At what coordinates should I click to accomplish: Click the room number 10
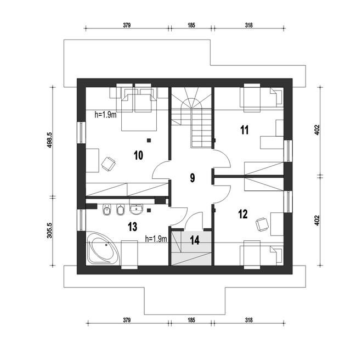click(x=138, y=155)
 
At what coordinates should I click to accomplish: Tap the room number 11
click(x=245, y=130)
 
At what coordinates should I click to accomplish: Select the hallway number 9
click(x=193, y=178)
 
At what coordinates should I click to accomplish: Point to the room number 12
click(x=243, y=214)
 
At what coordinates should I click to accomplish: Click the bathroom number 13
click(x=133, y=227)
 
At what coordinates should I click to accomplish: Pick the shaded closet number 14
click(x=195, y=240)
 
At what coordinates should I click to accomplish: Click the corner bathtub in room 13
click(x=103, y=248)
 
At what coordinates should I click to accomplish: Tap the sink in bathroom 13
click(x=137, y=209)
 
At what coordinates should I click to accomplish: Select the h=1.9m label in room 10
click(x=105, y=115)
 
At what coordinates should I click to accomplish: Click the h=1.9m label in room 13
click(x=156, y=239)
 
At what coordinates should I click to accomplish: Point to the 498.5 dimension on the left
click(x=50, y=140)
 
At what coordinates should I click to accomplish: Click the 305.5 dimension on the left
click(x=50, y=230)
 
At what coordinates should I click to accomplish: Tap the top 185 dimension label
click(x=191, y=25)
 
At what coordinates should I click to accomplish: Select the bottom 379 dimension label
click(x=127, y=320)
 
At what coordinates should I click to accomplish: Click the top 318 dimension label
click(x=249, y=25)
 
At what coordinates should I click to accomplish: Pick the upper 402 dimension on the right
click(x=317, y=130)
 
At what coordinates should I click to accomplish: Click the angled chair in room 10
click(x=108, y=164)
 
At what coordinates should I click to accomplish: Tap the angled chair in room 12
click(x=262, y=224)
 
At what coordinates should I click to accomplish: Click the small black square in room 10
click(x=149, y=140)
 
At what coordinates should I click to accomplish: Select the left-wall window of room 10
click(x=81, y=132)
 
